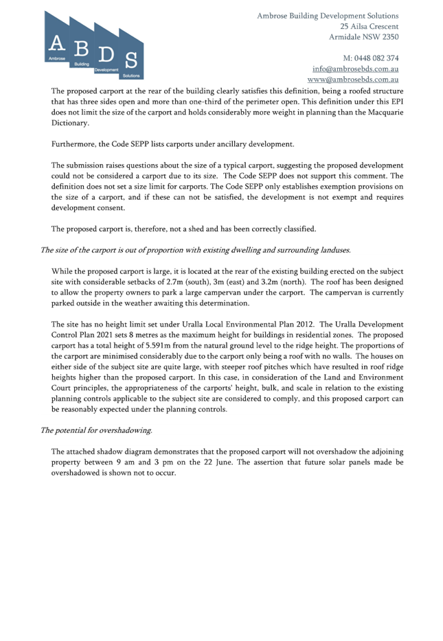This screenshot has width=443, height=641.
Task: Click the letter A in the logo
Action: pyautogui.click(x=56, y=43)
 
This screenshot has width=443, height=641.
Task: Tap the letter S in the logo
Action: pyautogui.click(x=131, y=60)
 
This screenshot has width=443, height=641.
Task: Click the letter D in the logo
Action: pyautogui.click(x=106, y=54)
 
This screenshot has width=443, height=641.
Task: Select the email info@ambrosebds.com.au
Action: pyautogui.click(x=355, y=69)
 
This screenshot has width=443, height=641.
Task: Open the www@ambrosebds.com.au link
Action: pyautogui.click(x=352, y=80)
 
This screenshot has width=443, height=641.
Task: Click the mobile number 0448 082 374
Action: pyautogui.click(x=376, y=58)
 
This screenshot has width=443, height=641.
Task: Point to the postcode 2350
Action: pyautogui.click(x=390, y=37)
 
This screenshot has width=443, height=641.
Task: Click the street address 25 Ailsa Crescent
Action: pyautogui.click(x=369, y=26)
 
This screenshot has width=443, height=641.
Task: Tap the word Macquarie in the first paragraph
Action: pyautogui.click(x=386, y=112)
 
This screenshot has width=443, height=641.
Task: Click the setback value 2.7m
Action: pyautogui.click(x=174, y=281)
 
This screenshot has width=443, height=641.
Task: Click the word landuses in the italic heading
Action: pyautogui.click(x=337, y=250)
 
